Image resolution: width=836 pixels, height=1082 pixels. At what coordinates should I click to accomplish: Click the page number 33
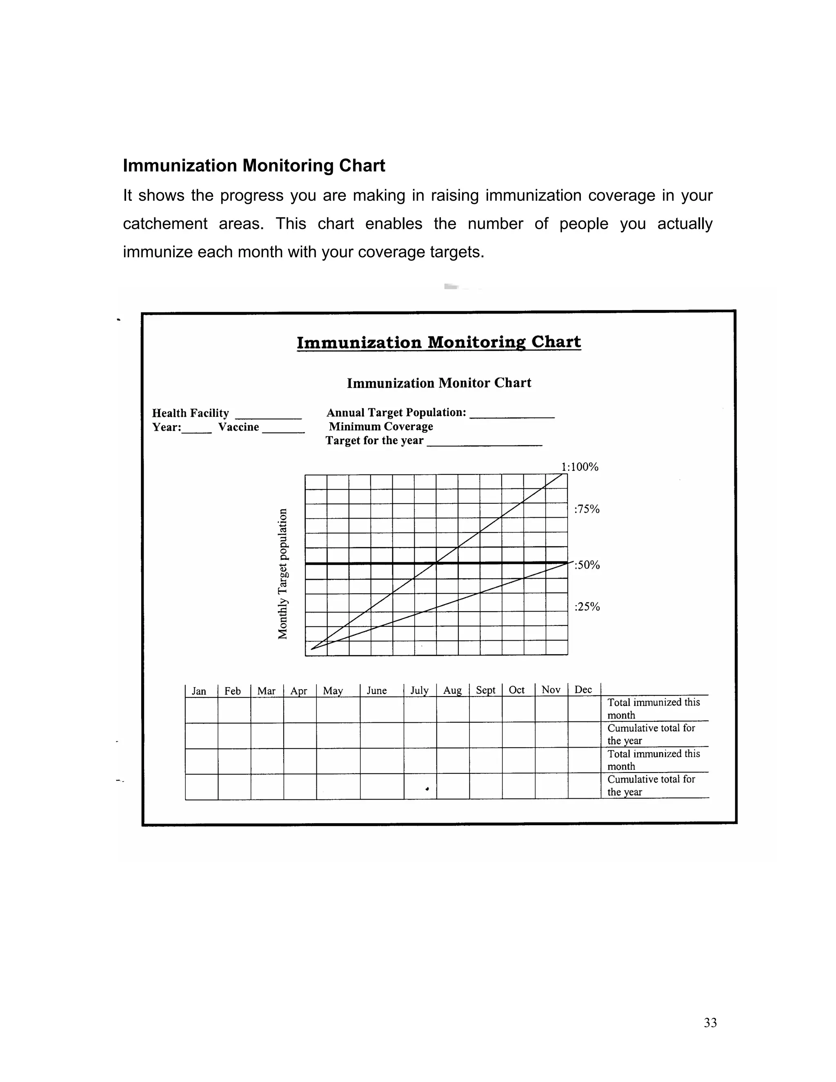[x=710, y=1022]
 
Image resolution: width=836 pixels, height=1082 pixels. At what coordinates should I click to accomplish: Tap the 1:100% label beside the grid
[x=580, y=467]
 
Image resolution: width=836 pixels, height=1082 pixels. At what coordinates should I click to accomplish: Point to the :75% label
[x=587, y=509]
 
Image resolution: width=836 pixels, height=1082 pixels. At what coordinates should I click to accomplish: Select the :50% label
[x=587, y=565]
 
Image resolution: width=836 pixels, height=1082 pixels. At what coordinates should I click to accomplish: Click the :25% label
[x=587, y=607]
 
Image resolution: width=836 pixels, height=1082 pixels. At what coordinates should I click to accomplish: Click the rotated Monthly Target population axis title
[x=282, y=574]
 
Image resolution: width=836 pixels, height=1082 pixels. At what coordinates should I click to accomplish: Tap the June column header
[x=376, y=690]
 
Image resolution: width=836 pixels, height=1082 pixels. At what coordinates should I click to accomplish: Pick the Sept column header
[x=485, y=690]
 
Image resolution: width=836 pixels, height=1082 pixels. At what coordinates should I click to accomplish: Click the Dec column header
[x=583, y=690]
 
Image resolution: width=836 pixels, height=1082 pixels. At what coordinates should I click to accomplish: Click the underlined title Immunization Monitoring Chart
[x=438, y=342]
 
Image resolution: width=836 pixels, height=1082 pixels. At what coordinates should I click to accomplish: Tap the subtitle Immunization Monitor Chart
[x=439, y=383]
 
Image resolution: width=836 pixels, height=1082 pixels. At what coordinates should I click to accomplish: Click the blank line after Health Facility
[x=268, y=416]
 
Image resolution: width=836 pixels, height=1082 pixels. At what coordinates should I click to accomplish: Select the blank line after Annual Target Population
[x=511, y=416]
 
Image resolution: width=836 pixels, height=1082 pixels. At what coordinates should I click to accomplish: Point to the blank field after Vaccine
[x=283, y=430]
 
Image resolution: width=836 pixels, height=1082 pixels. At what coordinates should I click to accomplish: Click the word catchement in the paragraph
[x=165, y=224]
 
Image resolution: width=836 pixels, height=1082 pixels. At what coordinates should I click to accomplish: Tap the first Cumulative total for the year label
[x=651, y=734]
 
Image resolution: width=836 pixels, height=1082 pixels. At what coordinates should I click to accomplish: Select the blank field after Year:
[x=197, y=430]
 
